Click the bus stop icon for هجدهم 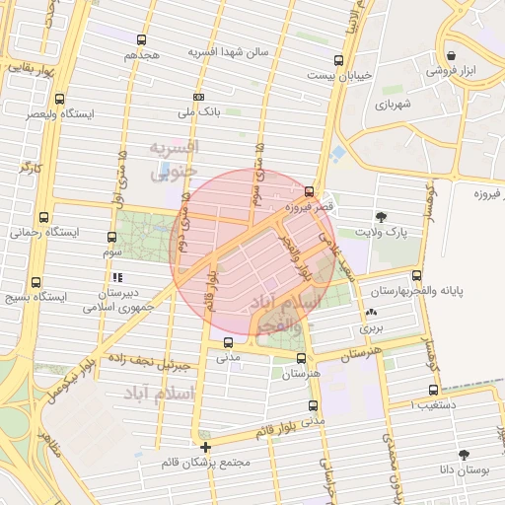point(142,40)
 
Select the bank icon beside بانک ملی point(199,98)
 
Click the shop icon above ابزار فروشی point(451,55)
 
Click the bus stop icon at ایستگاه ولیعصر point(60,99)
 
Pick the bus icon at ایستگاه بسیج point(36,280)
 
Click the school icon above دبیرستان point(119,278)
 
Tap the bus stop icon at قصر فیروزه point(310,192)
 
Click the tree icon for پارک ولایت point(382,217)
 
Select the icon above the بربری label point(370,312)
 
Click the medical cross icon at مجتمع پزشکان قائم point(205,448)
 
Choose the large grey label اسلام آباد point(160,394)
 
